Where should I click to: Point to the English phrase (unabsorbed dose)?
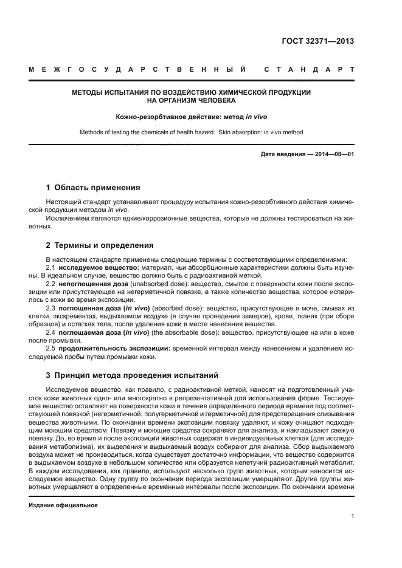tap(160, 283)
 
